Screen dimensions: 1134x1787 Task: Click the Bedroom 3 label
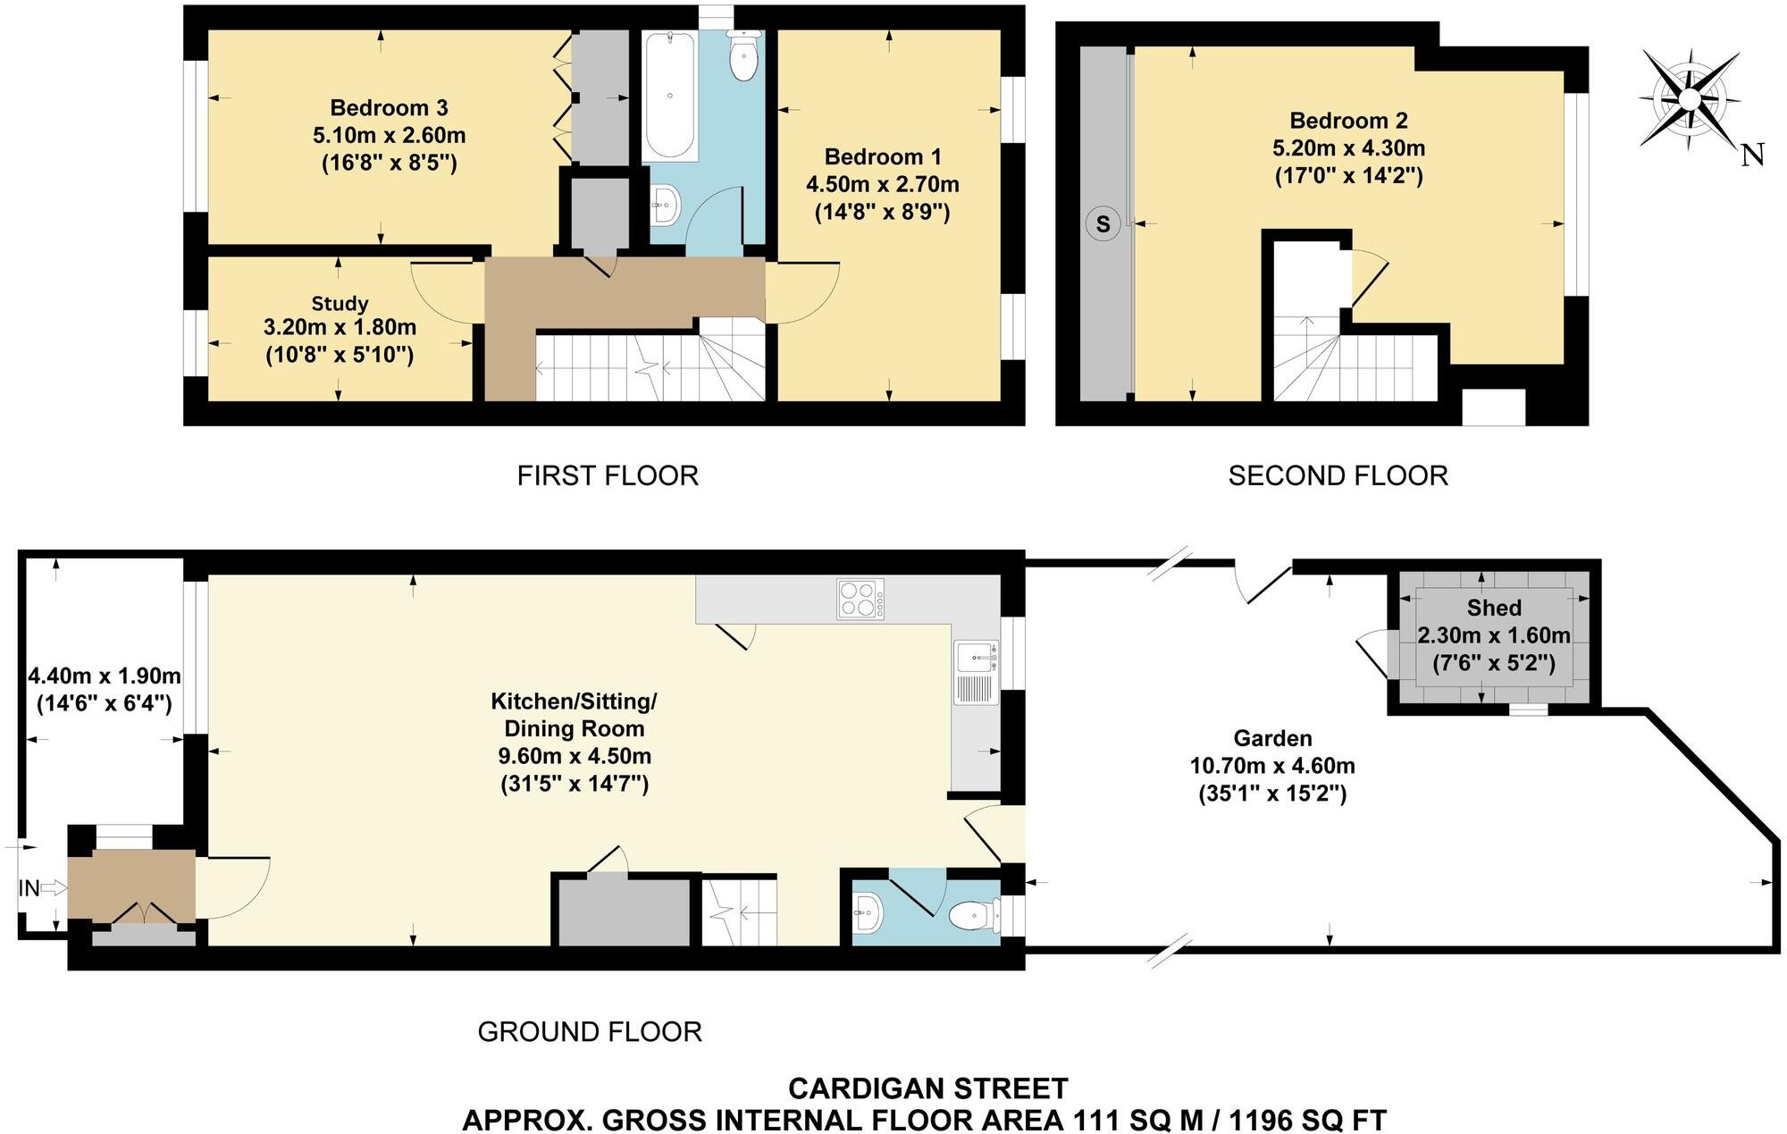point(389,108)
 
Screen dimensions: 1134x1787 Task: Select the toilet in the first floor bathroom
point(743,56)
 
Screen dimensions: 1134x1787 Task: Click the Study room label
point(340,303)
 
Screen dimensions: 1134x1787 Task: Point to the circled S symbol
point(1103,224)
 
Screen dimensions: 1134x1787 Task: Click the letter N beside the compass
point(1753,155)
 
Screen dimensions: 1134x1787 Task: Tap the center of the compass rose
point(1690,97)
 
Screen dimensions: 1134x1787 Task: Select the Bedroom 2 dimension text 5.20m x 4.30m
point(1348,148)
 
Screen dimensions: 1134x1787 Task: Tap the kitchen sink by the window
point(976,659)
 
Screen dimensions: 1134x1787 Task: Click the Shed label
point(1494,608)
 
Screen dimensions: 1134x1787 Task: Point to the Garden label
point(1272,738)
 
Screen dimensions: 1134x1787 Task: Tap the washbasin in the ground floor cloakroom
point(868,913)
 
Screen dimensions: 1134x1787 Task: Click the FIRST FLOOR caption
point(608,475)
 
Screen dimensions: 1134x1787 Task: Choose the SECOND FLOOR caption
point(1338,475)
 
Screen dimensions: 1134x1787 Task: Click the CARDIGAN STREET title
point(927,1088)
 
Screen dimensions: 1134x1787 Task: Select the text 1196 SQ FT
point(1307,1120)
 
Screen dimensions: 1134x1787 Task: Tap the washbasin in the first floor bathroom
point(666,205)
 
